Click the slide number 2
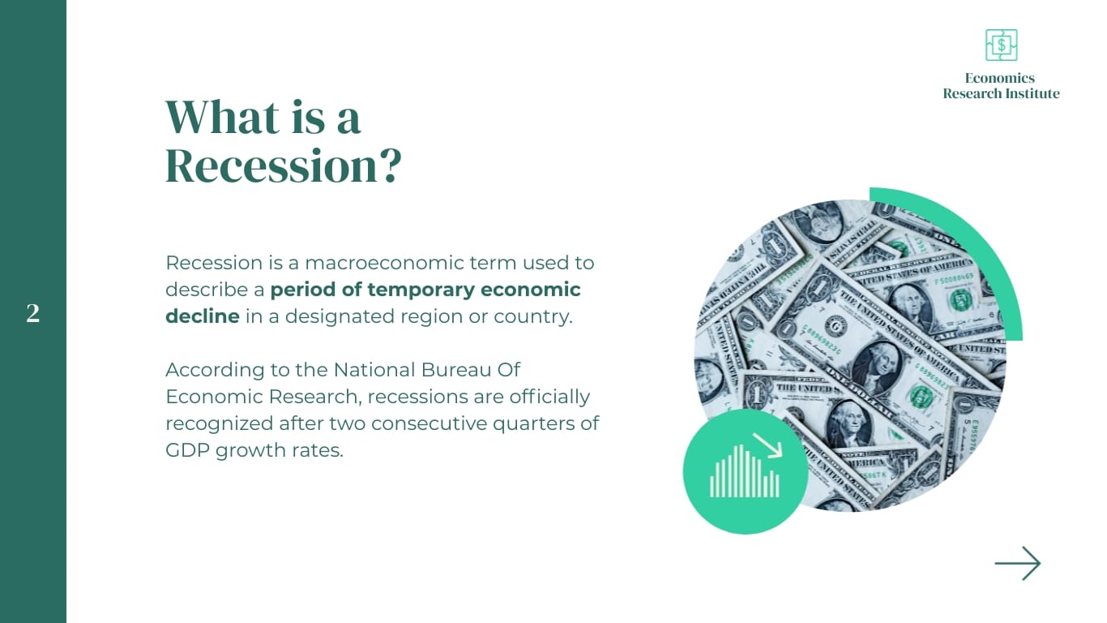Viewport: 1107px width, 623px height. coord(32,314)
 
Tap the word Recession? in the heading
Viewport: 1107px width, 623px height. coord(283,165)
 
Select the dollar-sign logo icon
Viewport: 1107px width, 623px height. coord(1001,45)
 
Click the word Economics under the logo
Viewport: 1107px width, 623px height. coord(1000,78)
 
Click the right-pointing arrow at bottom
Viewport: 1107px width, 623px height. coord(1017,563)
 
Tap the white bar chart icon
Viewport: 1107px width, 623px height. coord(743,473)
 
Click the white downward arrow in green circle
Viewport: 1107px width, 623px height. coord(767,445)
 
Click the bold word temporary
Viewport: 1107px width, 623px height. coord(421,290)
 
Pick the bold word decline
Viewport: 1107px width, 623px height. coord(202,316)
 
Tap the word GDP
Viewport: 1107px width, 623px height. coord(186,450)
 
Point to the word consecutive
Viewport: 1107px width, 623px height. coord(438,423)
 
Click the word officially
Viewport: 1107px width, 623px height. coord(549,397)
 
